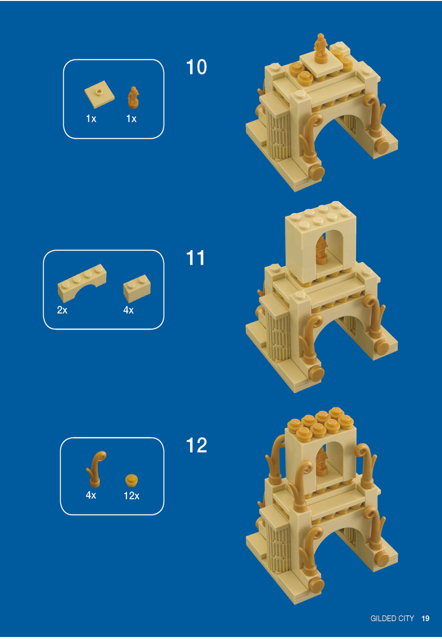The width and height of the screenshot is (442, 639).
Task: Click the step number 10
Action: [x=196, y=67]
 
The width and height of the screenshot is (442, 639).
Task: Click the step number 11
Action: [x=195, y=258]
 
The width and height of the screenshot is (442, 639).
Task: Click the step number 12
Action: [x=196, y=445]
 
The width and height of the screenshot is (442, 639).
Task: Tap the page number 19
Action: [x=425, y=618]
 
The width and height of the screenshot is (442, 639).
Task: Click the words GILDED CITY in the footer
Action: [x=392, y=618]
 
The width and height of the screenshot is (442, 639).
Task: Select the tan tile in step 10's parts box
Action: [x=99, y=94]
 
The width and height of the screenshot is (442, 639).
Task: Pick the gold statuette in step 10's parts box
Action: [x=133, y=98]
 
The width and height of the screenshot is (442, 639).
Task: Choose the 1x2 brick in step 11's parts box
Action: [x=137, y=288]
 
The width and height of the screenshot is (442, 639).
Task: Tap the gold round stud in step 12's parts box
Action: [x=131, y=480]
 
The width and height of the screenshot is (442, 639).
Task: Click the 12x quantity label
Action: [x=131, y=496]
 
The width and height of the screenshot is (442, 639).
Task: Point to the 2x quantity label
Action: [x=62, y=310]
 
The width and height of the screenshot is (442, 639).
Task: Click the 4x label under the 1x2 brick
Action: [x=128, y=310]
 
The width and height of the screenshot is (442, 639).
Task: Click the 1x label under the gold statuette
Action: [x=131, y=119]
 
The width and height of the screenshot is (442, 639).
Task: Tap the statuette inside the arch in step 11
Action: [x=321, y=250]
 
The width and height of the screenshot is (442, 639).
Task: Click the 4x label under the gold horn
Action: [x=91, y=495]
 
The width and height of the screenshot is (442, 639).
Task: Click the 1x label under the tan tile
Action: [x=91, y=119]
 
